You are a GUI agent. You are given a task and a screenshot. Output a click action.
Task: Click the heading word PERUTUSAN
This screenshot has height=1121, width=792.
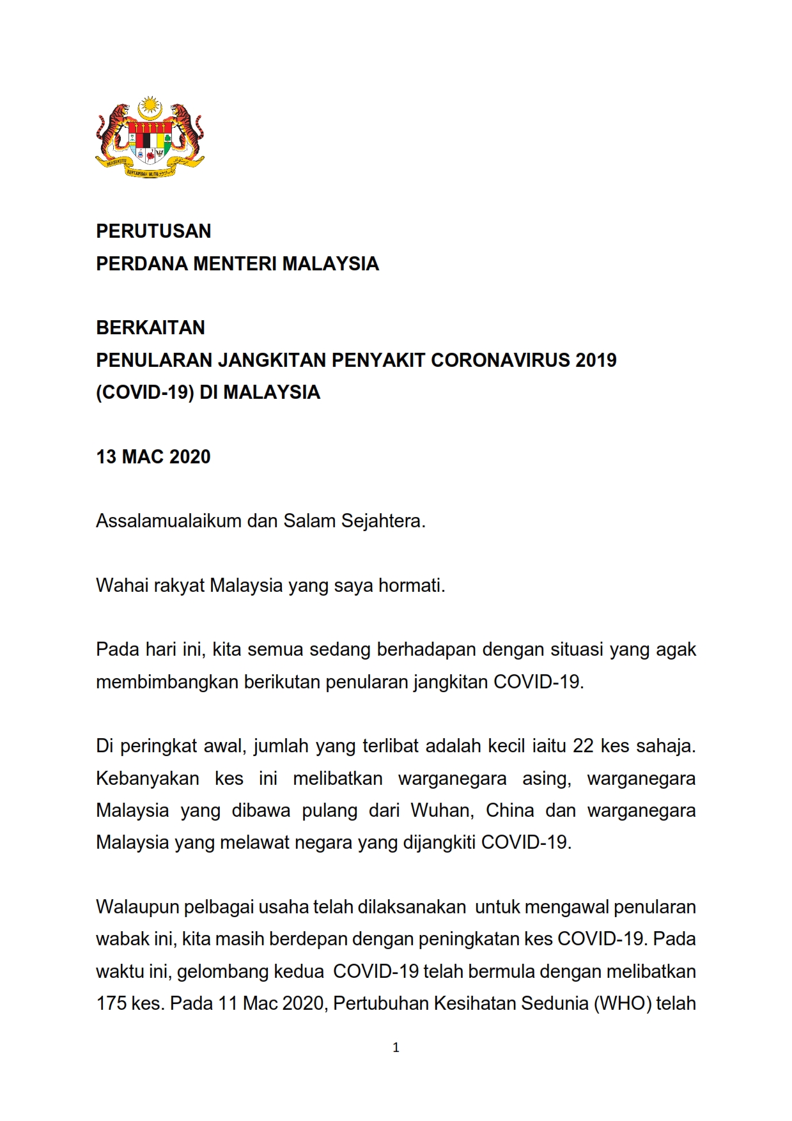153,231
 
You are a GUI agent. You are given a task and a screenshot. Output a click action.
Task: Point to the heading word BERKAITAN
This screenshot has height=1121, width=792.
150,328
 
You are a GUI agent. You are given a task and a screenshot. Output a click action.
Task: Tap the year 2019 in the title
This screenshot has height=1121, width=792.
596,360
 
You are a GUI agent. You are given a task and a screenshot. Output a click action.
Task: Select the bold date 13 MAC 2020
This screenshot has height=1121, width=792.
153,457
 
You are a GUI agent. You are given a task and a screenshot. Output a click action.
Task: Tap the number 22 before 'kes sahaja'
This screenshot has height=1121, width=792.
582,746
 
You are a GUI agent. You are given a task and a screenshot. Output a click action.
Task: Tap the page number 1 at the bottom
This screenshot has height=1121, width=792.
396,1048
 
